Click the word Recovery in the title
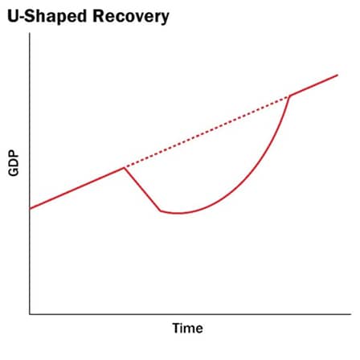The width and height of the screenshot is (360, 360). coord(131,17)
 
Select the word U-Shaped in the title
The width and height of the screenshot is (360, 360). coord(47,17)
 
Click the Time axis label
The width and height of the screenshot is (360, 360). coord(187,328)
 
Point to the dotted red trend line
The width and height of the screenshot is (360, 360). coord(207,132)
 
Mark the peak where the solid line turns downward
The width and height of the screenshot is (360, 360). coord(125,168)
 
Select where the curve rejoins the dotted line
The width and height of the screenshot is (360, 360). coord(289,96)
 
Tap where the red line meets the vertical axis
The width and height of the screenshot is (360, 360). coord(30,209)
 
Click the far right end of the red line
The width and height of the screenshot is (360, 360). coord(337,75)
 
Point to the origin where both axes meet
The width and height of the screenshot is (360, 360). coord(30,314)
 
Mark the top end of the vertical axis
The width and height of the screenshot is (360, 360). coord(30,33)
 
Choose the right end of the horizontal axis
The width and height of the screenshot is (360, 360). coord(351,314)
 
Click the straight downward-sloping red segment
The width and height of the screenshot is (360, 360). coord(142,190)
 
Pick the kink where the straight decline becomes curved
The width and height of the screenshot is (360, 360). coord(161,211)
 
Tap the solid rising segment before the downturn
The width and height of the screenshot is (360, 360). coord(77,188)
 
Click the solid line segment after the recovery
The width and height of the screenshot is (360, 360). coord(313,85)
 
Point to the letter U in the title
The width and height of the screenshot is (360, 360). coord(14,17)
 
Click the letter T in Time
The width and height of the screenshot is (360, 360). coord(177,328)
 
